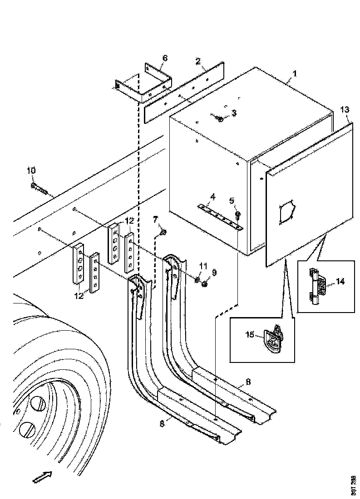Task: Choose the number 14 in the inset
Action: click(x=340, y=281)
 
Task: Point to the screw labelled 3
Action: click(x=220, y=119)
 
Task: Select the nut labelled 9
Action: click(x=204, y=284)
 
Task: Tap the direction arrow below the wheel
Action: click(x=43, y=477)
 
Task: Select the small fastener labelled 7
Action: click(x=164, y=233)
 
